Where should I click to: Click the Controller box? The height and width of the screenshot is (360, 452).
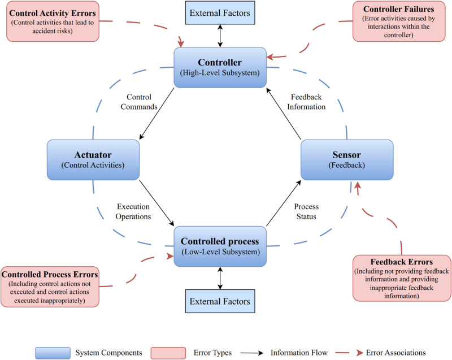click(x=220, y=67)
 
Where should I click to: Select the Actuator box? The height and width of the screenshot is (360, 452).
click(x=93, y=160)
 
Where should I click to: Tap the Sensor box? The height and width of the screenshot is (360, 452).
click(x=347, y=160)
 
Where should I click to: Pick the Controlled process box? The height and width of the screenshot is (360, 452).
click(x=220, y=246)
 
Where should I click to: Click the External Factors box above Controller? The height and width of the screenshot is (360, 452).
click(x=220, y=12)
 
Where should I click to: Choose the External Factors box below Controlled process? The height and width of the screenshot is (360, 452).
click(x=220, y=301)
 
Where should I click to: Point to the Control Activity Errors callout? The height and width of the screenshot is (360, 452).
click(x=53, y=21)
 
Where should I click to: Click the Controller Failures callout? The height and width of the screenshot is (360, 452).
click(x=399, y=21)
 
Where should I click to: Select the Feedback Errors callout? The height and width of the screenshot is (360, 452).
click(x=402, y=278)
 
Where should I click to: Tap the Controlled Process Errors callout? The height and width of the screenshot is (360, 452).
click(x=50, y=287)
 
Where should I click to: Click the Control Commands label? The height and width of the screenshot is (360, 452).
click(x=139, y=102)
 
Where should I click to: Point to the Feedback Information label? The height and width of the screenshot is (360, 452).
click(x=306, y=102)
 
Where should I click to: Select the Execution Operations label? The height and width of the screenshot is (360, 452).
click(x=133, y=211)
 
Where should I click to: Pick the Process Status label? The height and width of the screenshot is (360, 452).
click(x=306, y=211)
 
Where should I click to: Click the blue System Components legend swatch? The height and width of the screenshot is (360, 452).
click(x=53, y=353)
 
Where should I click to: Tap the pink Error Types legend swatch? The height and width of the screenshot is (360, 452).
click(x=168, y=353)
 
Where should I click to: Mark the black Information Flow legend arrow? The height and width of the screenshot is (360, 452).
click(x=251, y=353)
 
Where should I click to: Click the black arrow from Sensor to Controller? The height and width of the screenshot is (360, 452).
click(x=284, y=114)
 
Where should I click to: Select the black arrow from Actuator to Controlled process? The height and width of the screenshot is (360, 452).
click(x=157, y=203)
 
